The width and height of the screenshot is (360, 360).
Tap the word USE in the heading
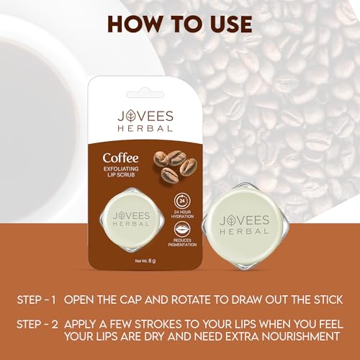[228, 24]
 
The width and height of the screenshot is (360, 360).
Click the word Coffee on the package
[120, 158]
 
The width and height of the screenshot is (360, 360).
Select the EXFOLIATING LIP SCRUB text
[121, 172]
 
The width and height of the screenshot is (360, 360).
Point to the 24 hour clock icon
[182, 201]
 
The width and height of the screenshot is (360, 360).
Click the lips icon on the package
[182, 230]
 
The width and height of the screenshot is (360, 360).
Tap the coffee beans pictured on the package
[175, 166]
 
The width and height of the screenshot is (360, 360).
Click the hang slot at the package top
[145, 94]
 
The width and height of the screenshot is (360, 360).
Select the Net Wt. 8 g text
[145, 261]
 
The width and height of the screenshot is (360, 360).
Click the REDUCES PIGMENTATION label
[182, 243]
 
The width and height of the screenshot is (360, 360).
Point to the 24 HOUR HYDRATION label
[182, 214]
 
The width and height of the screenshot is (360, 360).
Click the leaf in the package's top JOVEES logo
[131, 116]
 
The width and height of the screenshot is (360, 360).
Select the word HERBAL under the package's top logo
[145, 128]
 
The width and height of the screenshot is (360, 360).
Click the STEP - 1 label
[36, 300]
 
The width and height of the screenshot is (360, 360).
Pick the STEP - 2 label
[37, 325]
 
